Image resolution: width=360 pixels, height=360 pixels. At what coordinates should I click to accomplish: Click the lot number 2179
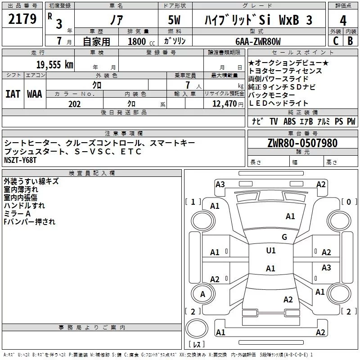pos(22,19)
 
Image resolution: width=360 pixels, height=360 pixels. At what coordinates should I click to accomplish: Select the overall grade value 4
pos(343,20)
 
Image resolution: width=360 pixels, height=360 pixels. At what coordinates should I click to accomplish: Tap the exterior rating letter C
pos(336,41)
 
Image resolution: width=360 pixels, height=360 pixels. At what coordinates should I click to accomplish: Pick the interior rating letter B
pos(350,41)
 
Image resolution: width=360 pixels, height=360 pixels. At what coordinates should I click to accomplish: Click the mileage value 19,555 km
pos(54,65)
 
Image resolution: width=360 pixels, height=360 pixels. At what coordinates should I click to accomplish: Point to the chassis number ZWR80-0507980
pos(302,143)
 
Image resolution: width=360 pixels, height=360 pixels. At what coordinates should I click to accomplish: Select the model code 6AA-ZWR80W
pos(258,41)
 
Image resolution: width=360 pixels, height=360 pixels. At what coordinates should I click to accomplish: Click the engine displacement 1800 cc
pos(141,41)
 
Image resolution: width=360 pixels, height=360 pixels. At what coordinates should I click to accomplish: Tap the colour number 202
pos(74,104)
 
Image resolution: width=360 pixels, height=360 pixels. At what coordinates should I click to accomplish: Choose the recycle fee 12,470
pos(224,104)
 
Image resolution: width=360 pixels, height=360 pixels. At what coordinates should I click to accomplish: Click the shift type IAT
pos(13,94)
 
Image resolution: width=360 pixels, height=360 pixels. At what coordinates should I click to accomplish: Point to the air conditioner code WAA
pos(35,94)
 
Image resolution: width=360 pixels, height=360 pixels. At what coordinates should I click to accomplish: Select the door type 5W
pos(174,20)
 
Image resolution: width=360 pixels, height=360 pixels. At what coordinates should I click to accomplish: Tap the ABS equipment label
pos(289,121)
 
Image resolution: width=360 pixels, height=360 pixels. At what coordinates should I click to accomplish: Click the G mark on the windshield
pos(284,237)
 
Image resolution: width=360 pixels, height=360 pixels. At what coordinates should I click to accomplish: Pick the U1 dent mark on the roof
pos(271,250)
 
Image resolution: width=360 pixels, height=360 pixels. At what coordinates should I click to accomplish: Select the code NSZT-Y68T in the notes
pos(20,160)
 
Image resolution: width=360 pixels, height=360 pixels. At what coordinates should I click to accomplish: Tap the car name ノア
pos(117,20)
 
